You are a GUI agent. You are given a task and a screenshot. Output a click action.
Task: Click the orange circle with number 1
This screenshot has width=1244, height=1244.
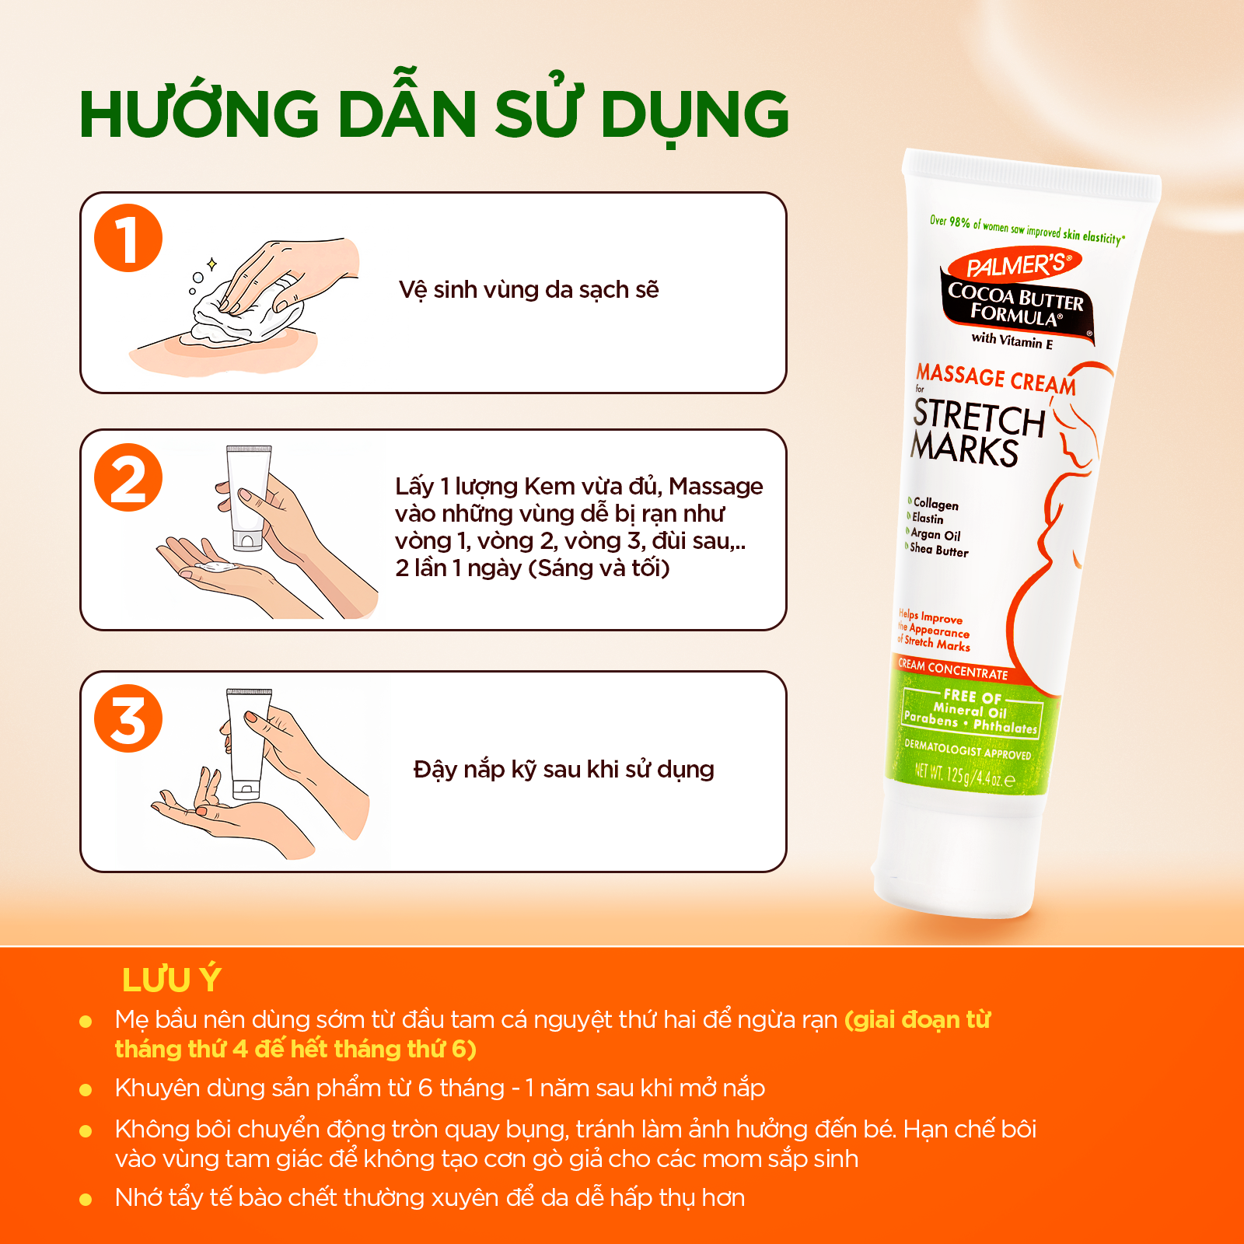128,238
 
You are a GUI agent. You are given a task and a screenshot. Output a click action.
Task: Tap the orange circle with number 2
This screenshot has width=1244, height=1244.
128,477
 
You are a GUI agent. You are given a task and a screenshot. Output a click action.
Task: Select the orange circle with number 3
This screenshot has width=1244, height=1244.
128,718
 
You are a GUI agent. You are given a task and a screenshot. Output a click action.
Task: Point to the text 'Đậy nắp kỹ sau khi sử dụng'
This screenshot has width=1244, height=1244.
564,770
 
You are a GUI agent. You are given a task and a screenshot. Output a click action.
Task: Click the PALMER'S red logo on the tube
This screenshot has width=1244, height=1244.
1015,266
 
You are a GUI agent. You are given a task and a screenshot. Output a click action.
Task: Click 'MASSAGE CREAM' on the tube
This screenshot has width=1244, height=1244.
996,379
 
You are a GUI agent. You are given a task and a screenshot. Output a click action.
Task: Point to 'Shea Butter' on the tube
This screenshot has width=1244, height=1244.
939,550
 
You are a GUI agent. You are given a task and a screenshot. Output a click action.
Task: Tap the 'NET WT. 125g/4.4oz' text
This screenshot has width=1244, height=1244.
964,775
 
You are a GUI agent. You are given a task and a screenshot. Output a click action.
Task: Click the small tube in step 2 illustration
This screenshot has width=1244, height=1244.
249,498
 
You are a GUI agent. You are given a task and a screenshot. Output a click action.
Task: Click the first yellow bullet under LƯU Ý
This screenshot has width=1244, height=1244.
86,1021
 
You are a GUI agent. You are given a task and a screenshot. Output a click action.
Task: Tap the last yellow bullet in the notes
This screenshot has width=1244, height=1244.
86,1200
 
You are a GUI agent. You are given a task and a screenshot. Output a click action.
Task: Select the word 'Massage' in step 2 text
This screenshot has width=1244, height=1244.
716,487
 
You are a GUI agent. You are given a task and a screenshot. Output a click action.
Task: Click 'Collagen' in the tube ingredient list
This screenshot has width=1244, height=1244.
935,504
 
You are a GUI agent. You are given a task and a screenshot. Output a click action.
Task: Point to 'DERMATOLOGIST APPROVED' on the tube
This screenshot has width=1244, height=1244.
967,750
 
